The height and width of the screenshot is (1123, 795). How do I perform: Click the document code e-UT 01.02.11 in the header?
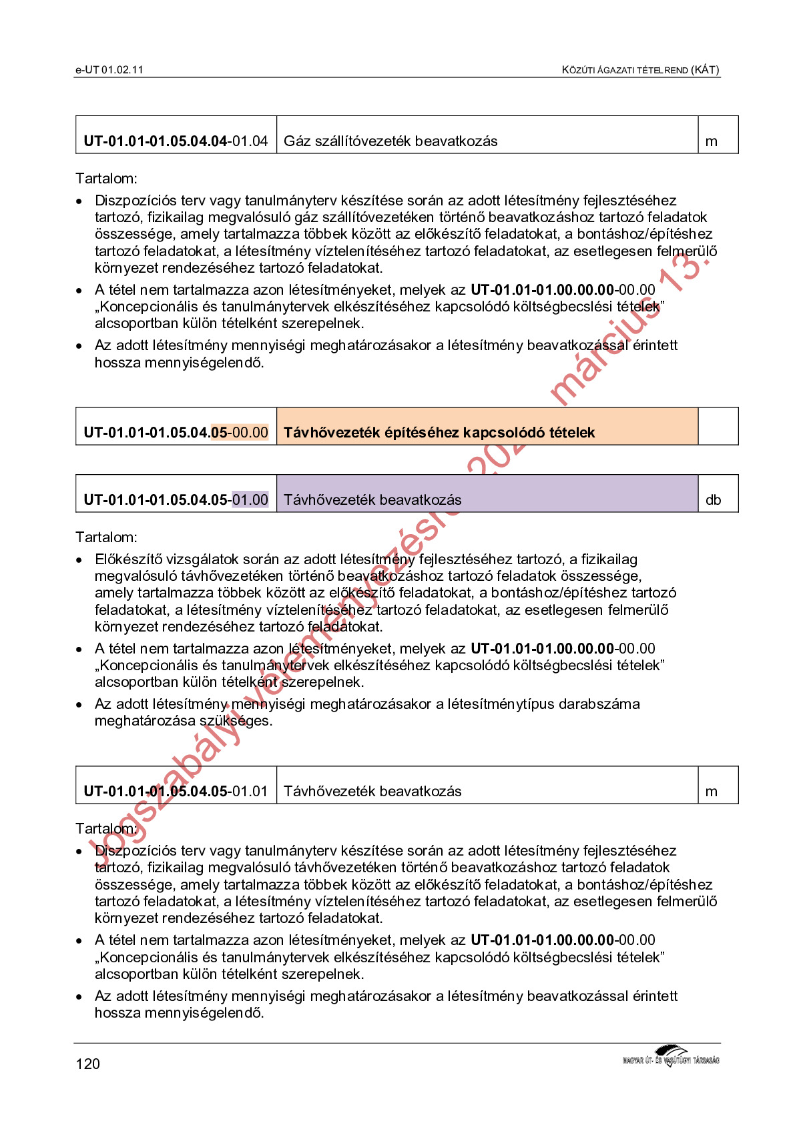[109, 70]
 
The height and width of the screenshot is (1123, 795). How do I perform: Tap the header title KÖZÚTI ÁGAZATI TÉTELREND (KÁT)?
[639, 70]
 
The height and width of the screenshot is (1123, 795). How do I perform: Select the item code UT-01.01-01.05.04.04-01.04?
[176, 141]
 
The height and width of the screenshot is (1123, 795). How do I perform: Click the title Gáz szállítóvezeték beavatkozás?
[390, 141]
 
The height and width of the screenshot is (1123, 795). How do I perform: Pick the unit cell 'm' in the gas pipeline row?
[712, 141]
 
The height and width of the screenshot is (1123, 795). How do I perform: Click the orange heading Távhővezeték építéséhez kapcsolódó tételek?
[439, 433]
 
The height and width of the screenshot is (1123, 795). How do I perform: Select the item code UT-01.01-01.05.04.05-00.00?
[176, 433]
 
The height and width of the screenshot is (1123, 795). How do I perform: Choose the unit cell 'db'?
[713, 500]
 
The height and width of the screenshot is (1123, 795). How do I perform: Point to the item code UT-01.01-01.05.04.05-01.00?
[176, 500]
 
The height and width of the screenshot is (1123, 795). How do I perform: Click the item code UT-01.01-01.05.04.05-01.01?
[176, 792]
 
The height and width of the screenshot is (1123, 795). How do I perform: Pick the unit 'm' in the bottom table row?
[712, 792]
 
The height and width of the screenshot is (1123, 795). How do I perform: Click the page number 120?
[88, 1064]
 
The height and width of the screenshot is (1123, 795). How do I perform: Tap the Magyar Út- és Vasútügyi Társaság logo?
[670, 1056]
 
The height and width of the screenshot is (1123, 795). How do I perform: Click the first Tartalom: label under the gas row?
[107, 179]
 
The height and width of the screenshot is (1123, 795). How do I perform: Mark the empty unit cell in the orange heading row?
[718, 427]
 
